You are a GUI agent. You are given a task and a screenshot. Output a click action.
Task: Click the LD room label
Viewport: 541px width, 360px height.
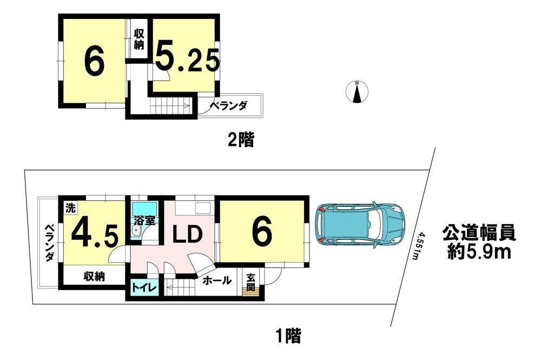point(187,234)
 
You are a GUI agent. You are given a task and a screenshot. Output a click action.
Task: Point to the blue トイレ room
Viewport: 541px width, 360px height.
point(144,287)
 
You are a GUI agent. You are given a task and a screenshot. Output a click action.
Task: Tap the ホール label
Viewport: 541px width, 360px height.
point(217,280)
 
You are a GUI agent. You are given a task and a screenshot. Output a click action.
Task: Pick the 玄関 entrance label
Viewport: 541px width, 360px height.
point(251,282)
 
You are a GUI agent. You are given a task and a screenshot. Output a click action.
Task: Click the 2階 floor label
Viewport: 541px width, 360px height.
point(241,140)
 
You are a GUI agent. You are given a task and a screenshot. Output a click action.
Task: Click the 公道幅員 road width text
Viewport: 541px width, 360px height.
point(479,232)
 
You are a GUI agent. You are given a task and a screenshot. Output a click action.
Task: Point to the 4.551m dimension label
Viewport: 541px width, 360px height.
point(418,246)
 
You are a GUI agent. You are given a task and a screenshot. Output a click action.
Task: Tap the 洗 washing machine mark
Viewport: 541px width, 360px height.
point(70,208)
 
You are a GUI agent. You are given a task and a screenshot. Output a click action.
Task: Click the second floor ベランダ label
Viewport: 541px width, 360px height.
point(228,105)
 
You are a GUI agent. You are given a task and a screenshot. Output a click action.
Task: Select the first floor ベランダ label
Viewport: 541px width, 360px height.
point(50,243)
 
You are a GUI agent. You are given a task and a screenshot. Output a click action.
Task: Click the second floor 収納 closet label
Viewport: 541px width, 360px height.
point(139,40)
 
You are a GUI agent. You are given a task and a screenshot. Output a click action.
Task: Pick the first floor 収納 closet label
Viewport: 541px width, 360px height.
point(94,277)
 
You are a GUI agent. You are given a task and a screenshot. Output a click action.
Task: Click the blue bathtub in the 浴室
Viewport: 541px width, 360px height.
point(144,208)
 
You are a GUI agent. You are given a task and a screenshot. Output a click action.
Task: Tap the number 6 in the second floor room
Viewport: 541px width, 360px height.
point(94,63)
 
